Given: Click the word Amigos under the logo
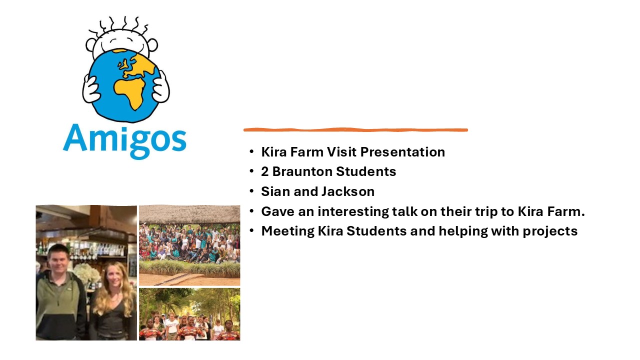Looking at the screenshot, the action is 124,141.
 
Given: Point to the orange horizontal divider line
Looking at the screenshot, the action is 355,130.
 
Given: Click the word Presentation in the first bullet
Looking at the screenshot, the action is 402,151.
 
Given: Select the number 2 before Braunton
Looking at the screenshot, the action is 264,171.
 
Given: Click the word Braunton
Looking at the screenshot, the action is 302,171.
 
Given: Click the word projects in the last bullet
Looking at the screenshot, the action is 550,231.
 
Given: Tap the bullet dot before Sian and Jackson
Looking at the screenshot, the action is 251,191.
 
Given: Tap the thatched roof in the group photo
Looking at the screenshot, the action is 189,214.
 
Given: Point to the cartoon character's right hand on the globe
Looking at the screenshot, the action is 90,88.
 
